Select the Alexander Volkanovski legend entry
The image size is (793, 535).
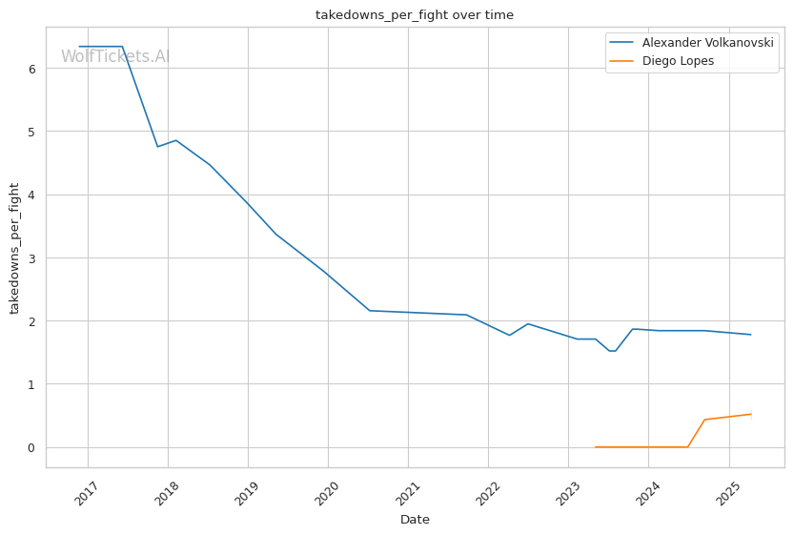point(706,43)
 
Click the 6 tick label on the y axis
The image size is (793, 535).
point(31,69)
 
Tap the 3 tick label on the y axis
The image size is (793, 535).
point(31,258)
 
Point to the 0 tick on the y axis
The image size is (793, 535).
point(31,447)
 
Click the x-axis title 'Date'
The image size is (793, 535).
point(415,520)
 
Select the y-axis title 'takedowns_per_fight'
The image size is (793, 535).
point(14,248)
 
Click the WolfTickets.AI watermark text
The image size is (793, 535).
point(115,56)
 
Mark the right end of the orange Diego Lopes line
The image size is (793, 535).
point(751,414)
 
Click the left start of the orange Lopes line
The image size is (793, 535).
point(595,447)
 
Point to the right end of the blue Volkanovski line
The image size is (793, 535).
point(751,335)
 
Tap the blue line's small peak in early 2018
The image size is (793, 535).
point(175,140)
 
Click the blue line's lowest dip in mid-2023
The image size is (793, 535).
point(611,351)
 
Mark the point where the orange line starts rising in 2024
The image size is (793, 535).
point(688,447)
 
